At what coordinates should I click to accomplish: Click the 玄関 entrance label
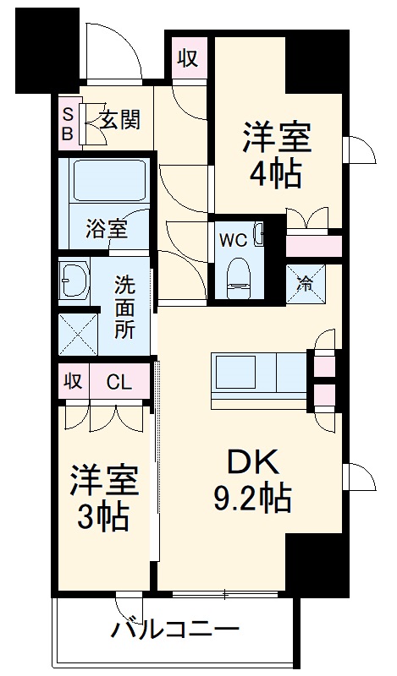(x=119, y=120)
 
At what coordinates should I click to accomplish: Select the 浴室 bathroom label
(x=108, y=229)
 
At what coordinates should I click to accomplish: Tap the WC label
(x=233, y=240)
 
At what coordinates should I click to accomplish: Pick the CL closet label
(x=120, y=382)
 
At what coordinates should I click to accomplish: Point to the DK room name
(x=251, y=463)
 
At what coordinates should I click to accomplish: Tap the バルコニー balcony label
(x=175, y=630)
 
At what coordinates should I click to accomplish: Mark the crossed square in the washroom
(x=77, y=335)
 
